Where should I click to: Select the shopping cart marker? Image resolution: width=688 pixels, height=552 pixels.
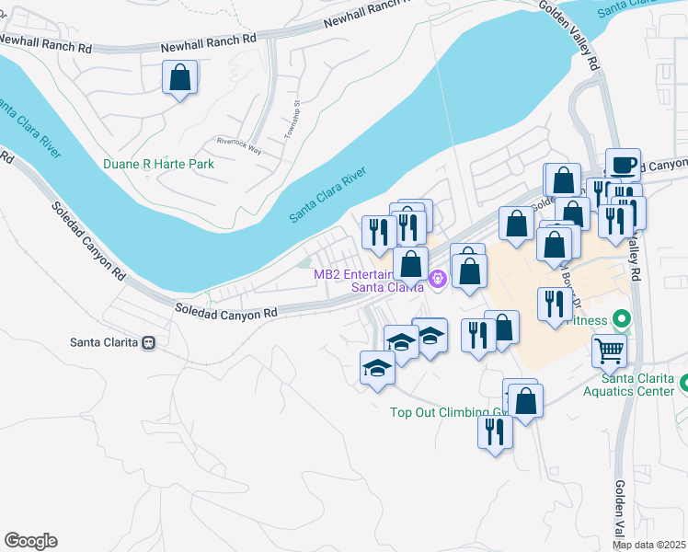[x=608, y=350]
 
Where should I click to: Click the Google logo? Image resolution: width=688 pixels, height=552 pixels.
[x=30, y=541]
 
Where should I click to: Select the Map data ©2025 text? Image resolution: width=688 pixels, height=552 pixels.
[x=649, y=545]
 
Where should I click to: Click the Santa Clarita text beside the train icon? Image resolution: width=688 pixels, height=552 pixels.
[x=104, y=342]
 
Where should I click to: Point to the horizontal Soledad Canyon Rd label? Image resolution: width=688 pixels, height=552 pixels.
[x=226, y=313]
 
